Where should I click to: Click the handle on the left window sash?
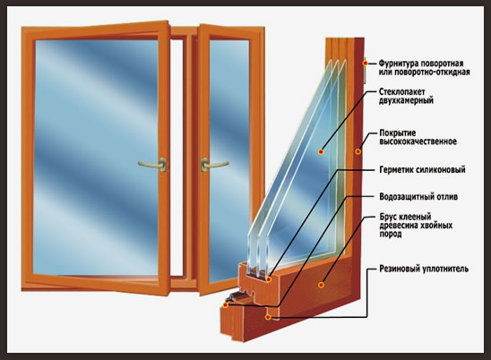coord(152,164)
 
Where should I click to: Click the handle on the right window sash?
coord(214,164)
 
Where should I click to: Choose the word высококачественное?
coord(418,141)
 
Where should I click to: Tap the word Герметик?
coord(396,169)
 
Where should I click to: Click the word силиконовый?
coord(441,169)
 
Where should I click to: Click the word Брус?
coord(388,217)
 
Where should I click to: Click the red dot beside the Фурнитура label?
coord(366,63)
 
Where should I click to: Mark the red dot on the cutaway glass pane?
coord(321,152)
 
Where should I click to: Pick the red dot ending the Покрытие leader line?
coord(357,151)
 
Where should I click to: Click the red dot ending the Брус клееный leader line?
coord(321,285)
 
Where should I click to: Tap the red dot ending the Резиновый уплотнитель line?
coord(268,317)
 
